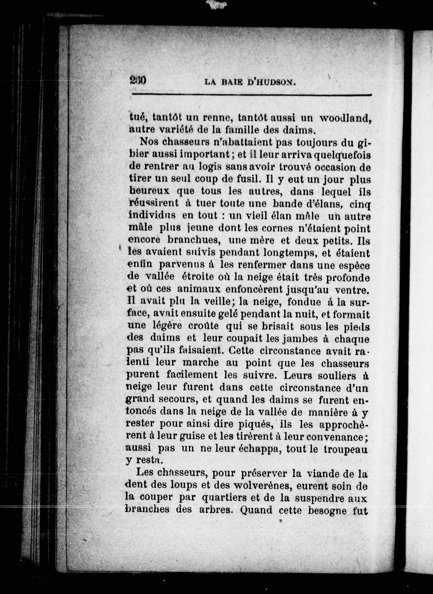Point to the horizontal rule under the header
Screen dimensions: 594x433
(x=252, y=95)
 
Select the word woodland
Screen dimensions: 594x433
(x=345, y=118)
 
